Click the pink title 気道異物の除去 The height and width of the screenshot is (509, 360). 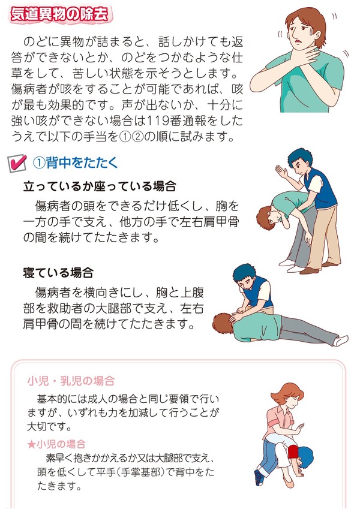point(60,15)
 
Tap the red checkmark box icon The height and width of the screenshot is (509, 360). point(17,163)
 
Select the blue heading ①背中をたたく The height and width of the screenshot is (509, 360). point(75,162)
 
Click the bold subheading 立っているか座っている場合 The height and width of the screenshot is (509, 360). point(100,186)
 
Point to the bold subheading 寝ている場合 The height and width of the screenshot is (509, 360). point(58,273)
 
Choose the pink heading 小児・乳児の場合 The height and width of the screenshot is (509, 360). point(71,381)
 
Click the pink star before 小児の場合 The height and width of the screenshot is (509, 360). point(31,444)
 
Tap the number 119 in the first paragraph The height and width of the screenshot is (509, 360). point(158,121)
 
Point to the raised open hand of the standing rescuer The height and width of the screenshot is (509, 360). point(281,172)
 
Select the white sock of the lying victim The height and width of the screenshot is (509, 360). point(341,340)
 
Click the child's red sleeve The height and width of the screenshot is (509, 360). point(293,451)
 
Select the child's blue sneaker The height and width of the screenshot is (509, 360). point(259,477)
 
